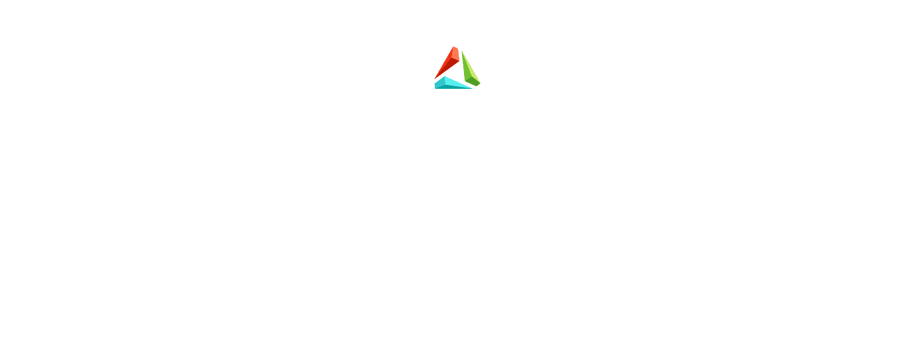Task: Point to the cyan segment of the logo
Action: (x=453, y=83)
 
